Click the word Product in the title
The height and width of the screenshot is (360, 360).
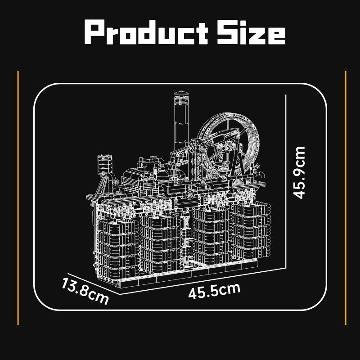click(x=146, y=32)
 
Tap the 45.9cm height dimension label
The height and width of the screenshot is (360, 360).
click(x=299, y=172)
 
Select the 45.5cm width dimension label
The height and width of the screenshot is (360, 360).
click(x=215, y=291)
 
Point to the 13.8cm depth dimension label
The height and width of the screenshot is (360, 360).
click(x=85, y=291)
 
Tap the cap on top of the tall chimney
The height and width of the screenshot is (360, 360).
click(x=181, y=94)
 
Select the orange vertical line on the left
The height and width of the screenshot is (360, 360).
click(x=18, y=198)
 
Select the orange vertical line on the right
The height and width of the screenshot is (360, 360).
click(x=346, y=198)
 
